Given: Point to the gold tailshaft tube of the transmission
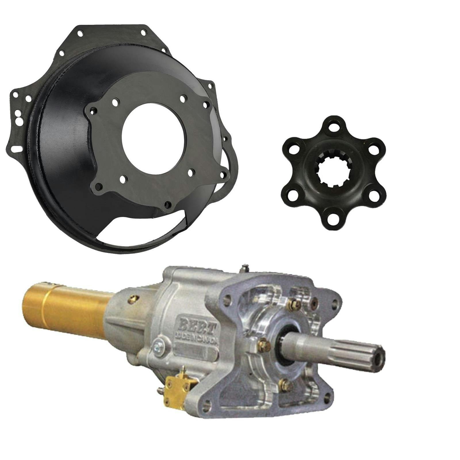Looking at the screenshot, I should coord(66,308).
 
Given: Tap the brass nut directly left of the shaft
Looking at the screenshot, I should coord(262,342).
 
